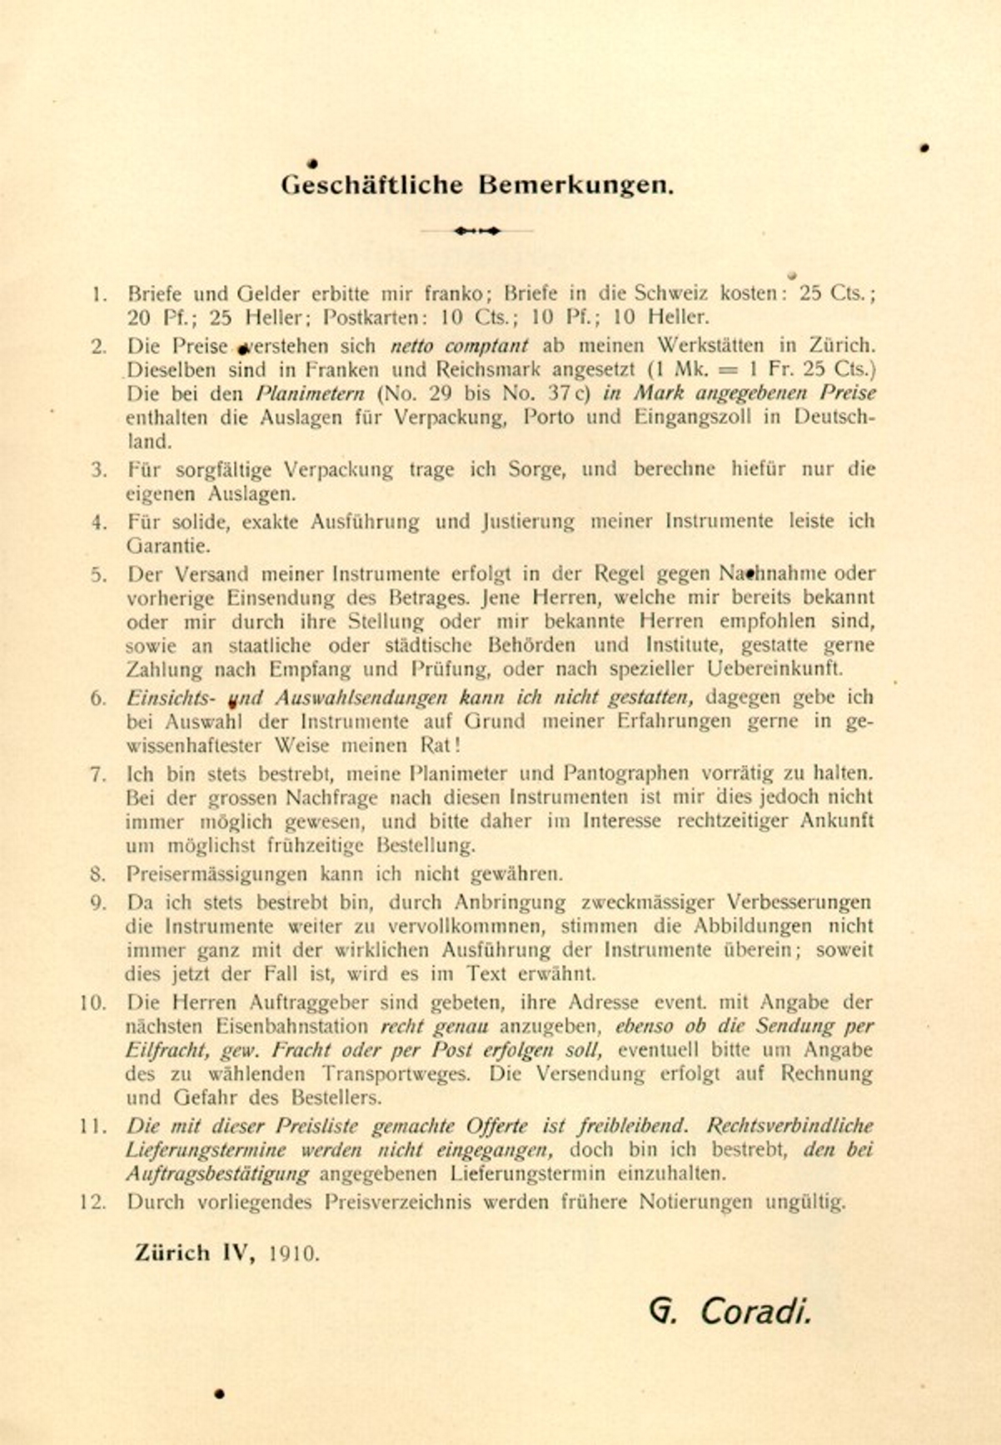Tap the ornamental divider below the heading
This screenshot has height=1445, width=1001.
(x=477, y=231)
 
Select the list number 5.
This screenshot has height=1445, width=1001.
(x=99, y=574)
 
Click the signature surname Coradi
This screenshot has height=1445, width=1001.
(x=755, y=1312)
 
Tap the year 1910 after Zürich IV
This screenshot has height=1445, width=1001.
(x=294, y=1253)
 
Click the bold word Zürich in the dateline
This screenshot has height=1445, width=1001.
(x=172, y=1252)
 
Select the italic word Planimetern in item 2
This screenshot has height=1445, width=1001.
(x=310, y=393)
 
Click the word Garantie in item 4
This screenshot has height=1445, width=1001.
(x=167, y=547)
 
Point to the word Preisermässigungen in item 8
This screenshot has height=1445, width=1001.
(x=219, y=874)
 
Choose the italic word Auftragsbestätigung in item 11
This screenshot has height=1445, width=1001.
(x=217, y=1174)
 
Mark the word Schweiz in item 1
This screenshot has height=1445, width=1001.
(x=672, y=293)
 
